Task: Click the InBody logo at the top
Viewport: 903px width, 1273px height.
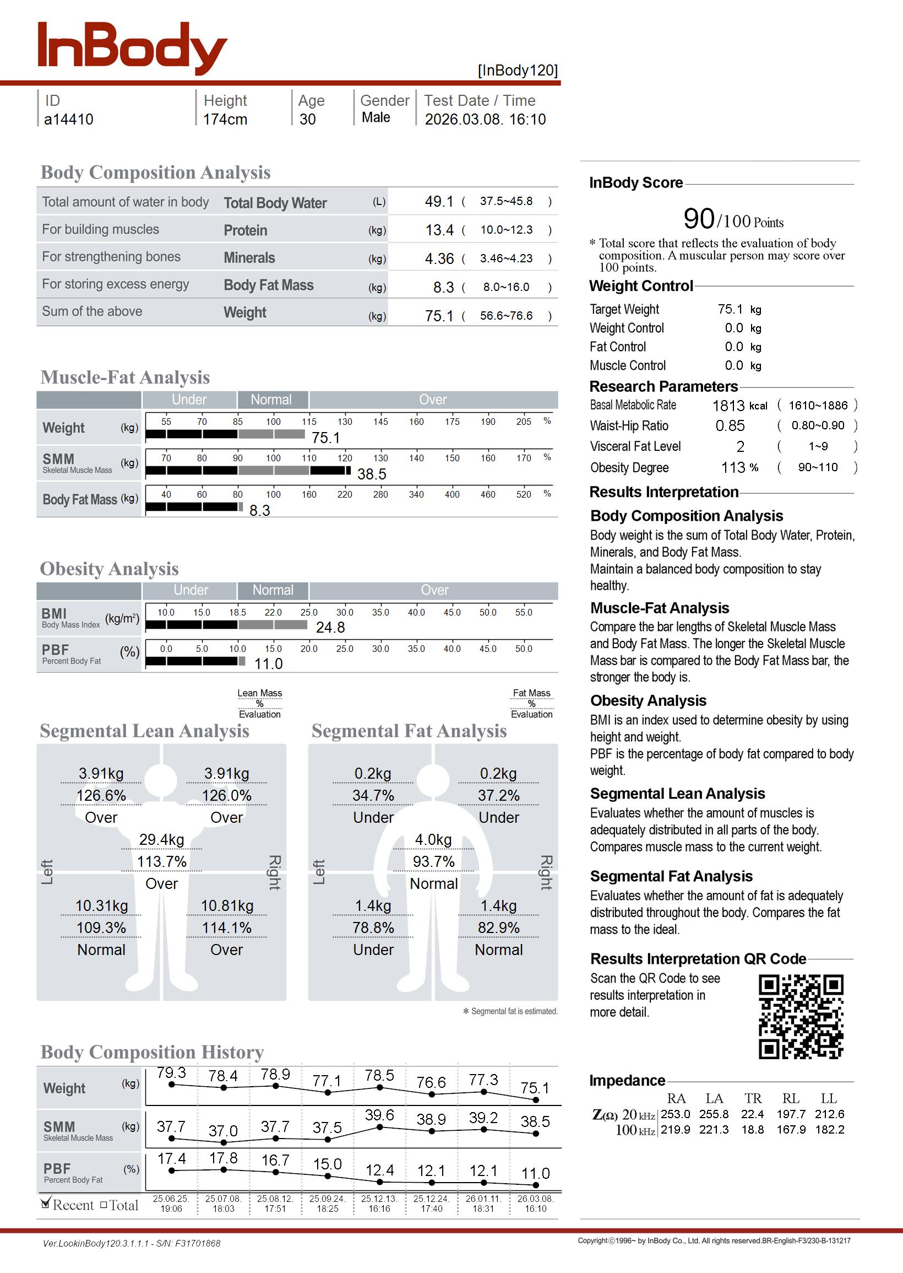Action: point(132,48)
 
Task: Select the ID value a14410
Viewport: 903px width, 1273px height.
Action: point(69,120)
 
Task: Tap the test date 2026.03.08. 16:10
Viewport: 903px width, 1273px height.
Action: point(485,120)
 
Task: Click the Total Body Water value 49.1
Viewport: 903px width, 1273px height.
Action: point(439,201)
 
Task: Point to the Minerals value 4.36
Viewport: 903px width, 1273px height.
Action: point(439,258)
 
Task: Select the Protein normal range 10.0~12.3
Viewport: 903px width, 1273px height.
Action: point(506,230)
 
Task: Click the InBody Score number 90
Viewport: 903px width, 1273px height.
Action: point(698,219)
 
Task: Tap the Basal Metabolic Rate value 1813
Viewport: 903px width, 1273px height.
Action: point(728,406)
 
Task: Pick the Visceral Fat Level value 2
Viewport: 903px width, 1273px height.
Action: point(740,447)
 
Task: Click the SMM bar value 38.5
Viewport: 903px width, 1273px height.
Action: point(372,474)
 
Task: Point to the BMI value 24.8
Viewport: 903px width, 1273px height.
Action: point(330,628)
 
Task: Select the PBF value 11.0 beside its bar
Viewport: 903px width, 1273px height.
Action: point(269,664)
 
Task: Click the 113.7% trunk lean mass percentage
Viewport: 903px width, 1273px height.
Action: point(162,862)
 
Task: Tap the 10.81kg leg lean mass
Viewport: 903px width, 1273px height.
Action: point(227,906)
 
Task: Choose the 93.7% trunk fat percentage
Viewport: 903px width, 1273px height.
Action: point(434,862)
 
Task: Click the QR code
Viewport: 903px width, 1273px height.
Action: point(801,1017)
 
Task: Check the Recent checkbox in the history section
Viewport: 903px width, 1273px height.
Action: point(46,1205)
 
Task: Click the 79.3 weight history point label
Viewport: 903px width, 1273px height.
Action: point(171,1072)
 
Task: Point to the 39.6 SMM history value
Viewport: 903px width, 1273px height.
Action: point(379,1115)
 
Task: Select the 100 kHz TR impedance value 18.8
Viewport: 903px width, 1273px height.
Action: point(752,1130)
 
